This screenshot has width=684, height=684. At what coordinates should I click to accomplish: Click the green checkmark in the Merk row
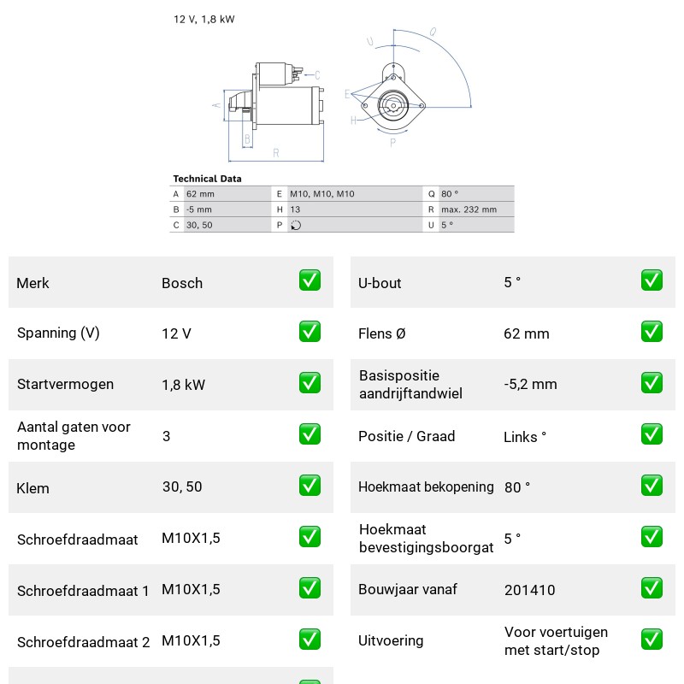coord(310,280)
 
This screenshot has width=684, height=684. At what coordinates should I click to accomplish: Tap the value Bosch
coord(182,283)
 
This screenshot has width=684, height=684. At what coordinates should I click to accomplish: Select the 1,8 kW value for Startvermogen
coord(183,385)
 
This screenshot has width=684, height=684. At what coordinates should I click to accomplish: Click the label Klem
coord(32,488)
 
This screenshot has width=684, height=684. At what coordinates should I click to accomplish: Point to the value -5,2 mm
coord(530,384)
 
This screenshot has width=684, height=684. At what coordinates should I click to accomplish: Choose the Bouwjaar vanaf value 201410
coord(529,590)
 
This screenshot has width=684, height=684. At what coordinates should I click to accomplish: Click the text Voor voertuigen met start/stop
coord(556,640)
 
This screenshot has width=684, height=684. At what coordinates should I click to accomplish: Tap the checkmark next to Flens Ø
coord(652,332)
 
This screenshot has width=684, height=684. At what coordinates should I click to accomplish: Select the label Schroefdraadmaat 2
coord(83,642)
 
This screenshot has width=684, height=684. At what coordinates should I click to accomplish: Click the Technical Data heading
coord(207,179)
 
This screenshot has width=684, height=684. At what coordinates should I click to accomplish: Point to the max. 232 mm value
coord(469,209)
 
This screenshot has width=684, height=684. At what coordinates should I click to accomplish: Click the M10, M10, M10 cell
coord(322,194)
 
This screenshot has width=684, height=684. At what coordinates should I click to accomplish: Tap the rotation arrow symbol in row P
coord(296,225)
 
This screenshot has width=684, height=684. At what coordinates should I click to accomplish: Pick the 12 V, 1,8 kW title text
coord(204,20)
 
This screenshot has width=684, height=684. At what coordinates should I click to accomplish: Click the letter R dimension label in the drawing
coord(275,153)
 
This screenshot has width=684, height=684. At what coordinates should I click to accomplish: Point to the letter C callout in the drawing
coord(317,75)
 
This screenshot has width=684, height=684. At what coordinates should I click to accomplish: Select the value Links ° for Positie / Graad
coord(525,437)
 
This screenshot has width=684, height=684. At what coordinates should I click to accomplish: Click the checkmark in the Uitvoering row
coord(652,640)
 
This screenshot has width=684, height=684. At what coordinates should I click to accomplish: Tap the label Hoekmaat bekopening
coord(426,486)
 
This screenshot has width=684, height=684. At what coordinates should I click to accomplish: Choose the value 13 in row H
coord(295,209)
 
